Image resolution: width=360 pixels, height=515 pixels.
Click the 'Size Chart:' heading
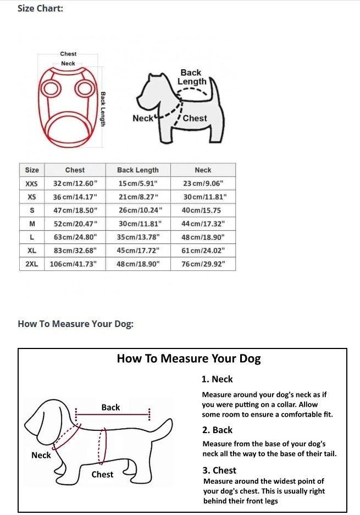click(40, 9)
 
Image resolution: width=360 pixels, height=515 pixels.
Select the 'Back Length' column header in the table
click(137, 170)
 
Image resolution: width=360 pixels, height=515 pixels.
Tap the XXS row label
click(32, 184)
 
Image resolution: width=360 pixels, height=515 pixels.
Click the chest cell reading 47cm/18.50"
click(75, 211)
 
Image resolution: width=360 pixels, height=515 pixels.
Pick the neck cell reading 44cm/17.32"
click(203, 224)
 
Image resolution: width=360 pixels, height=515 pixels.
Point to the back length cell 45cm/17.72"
click(137, 251)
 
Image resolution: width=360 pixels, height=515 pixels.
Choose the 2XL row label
click(32, 264)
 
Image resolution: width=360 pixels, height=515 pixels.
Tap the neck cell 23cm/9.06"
click(203, 184)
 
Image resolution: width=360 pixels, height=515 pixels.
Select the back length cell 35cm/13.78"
click(137, 237)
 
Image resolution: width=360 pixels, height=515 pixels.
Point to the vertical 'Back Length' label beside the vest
click(103, 109)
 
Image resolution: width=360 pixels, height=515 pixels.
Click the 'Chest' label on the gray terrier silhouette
click(195, 118)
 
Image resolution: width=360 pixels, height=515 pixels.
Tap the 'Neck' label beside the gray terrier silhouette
click(142, 118)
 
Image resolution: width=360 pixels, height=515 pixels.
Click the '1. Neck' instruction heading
click(217, 379)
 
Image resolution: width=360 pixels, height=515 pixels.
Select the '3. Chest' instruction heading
click(219, 470)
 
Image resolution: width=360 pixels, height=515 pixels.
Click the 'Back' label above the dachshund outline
click(110, 407)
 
